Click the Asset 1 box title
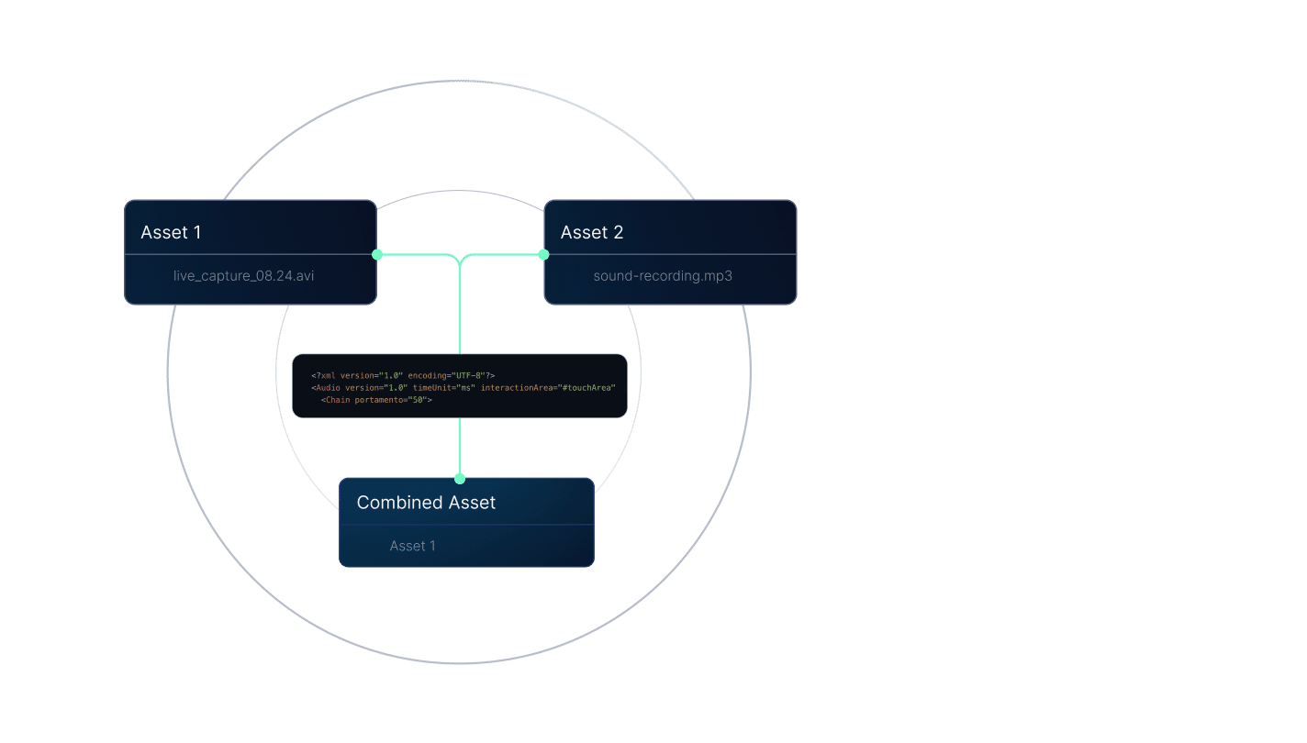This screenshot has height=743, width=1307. tap(171, 232)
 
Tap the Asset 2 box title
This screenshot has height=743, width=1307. tap(592, 232)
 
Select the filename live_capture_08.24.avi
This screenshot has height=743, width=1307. tap(243, 276)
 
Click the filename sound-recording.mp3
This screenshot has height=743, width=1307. tap(663, 276)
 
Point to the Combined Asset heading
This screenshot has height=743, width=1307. tap(426, 502)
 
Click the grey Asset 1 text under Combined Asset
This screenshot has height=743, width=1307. tap(412, 546)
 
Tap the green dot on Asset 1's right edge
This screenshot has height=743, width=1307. tap(377, 254)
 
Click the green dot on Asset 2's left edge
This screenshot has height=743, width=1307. tap(543, 254)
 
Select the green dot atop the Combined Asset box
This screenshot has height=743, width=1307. tap(460, 479)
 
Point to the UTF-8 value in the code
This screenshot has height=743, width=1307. tap(468, 375)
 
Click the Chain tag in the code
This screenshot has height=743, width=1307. tap(337, 400)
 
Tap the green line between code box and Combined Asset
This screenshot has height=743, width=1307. tap(460, 448)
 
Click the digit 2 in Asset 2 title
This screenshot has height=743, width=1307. tap(618, 232)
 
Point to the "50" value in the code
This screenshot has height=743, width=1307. tap(418, 400)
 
